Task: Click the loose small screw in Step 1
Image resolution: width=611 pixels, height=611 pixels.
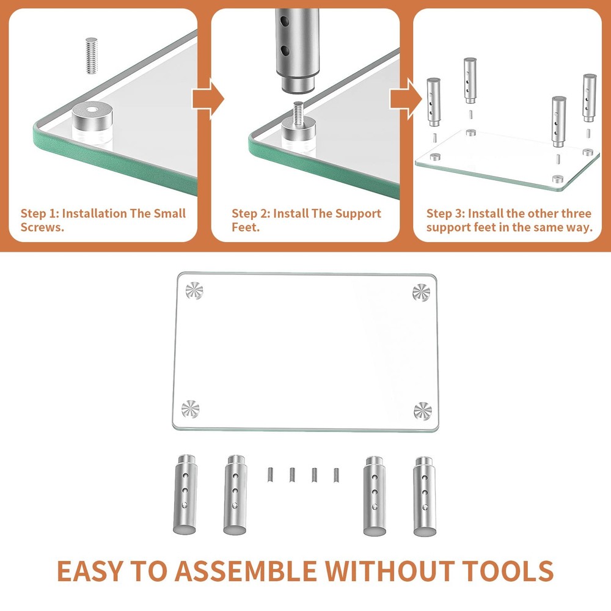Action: pos(91,56)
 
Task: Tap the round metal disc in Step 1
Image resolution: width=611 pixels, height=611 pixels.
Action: pos(92,117)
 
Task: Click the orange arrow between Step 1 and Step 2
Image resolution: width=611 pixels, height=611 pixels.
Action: pos(208,99)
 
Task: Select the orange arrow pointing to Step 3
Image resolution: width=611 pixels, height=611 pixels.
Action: pos(406,99)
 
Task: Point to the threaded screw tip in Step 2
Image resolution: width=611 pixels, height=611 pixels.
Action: pos(299,110)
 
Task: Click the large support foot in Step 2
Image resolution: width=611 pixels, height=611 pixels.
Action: pos(297,50)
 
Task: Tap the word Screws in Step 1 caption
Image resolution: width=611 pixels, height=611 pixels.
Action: pos(42,227)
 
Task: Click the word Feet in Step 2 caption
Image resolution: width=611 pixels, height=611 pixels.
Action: pos(246,227)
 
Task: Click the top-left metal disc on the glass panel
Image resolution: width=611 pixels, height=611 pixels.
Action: pos(194,290)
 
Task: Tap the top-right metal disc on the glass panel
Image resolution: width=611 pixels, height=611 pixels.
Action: pos(421,293)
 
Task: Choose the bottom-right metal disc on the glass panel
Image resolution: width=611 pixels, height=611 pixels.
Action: pos(423,411)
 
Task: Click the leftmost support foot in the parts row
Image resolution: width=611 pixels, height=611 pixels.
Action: pos(186,494)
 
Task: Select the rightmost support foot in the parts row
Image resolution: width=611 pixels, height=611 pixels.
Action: pos(425,497)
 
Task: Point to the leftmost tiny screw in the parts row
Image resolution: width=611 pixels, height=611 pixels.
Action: pos(269,475)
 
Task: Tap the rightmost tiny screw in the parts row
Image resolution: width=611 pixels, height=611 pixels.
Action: pos(336,475)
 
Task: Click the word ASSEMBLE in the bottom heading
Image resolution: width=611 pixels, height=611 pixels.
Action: pos(246,571)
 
